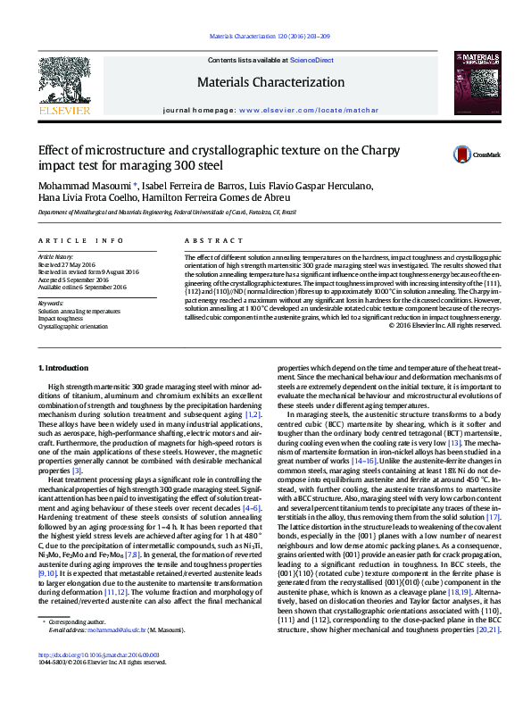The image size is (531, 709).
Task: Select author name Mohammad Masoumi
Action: point(78,186)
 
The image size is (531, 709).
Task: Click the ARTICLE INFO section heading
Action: point(72,242)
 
